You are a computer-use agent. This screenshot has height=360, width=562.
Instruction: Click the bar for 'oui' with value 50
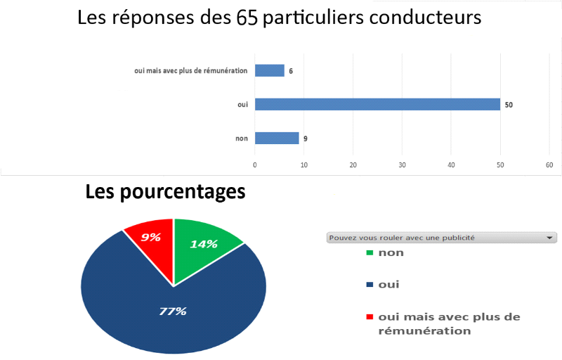point(377,105)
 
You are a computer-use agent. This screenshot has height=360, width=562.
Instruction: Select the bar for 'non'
point(277,139)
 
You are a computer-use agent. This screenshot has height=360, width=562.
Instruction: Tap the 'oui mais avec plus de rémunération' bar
point(269,70)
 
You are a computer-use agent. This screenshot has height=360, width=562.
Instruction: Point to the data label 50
point(509,105)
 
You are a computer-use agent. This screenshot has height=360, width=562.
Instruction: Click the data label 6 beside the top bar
point(291,70)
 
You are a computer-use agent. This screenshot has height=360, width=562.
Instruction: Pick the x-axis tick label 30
point(402,165)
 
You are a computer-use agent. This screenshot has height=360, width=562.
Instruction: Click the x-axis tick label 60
point(549,165)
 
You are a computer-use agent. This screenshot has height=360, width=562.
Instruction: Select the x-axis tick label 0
point(255,165)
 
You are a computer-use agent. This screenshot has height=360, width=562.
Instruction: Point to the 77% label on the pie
point(172,311)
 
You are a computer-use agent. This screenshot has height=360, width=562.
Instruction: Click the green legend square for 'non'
point(370,253)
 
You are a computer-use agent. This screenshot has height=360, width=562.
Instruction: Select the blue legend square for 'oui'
point(370,285)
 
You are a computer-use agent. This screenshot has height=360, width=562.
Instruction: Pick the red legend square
point(370,317)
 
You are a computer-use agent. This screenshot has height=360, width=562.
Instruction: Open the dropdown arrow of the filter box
point(549,238)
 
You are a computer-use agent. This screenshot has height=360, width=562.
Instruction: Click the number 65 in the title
point(247,18)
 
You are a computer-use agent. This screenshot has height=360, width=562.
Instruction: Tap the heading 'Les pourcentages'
point(166,191)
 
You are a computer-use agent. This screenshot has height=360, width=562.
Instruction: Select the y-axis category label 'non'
point(241,139)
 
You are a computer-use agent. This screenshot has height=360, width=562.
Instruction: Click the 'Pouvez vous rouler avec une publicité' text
point(402,238)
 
